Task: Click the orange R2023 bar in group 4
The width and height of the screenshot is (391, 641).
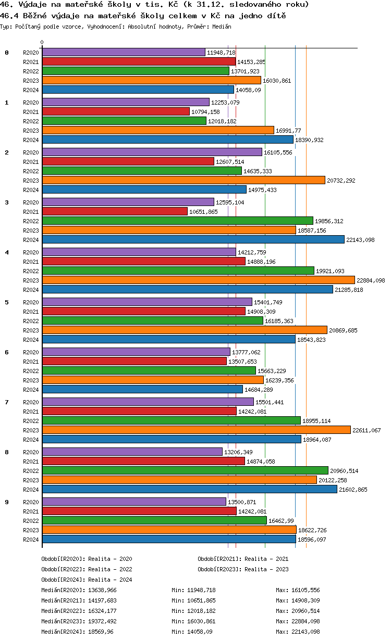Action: tap(198, 280)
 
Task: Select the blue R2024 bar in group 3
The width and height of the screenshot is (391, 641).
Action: tap(193, 240)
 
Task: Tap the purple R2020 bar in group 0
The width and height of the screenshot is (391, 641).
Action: tap(124, 53)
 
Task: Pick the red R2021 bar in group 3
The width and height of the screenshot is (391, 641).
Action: tap(115, 212)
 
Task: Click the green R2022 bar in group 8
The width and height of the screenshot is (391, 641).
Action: tap(185, 471)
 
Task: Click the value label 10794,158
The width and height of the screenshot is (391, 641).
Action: tap(205, 112)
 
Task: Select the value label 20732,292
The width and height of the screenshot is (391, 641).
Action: tap(341, 181)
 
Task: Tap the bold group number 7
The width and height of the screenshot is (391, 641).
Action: tap(7, 402)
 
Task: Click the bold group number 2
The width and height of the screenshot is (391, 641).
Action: tap(7, 152)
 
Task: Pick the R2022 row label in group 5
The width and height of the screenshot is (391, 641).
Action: tap(31, 321)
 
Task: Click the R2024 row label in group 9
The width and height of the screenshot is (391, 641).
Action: tap(31, 540)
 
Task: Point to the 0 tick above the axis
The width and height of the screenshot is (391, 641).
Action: tap(42, 43)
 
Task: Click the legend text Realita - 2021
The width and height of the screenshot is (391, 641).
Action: tap(266, 559)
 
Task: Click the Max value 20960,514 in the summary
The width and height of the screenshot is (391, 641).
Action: tap(305, 611)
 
